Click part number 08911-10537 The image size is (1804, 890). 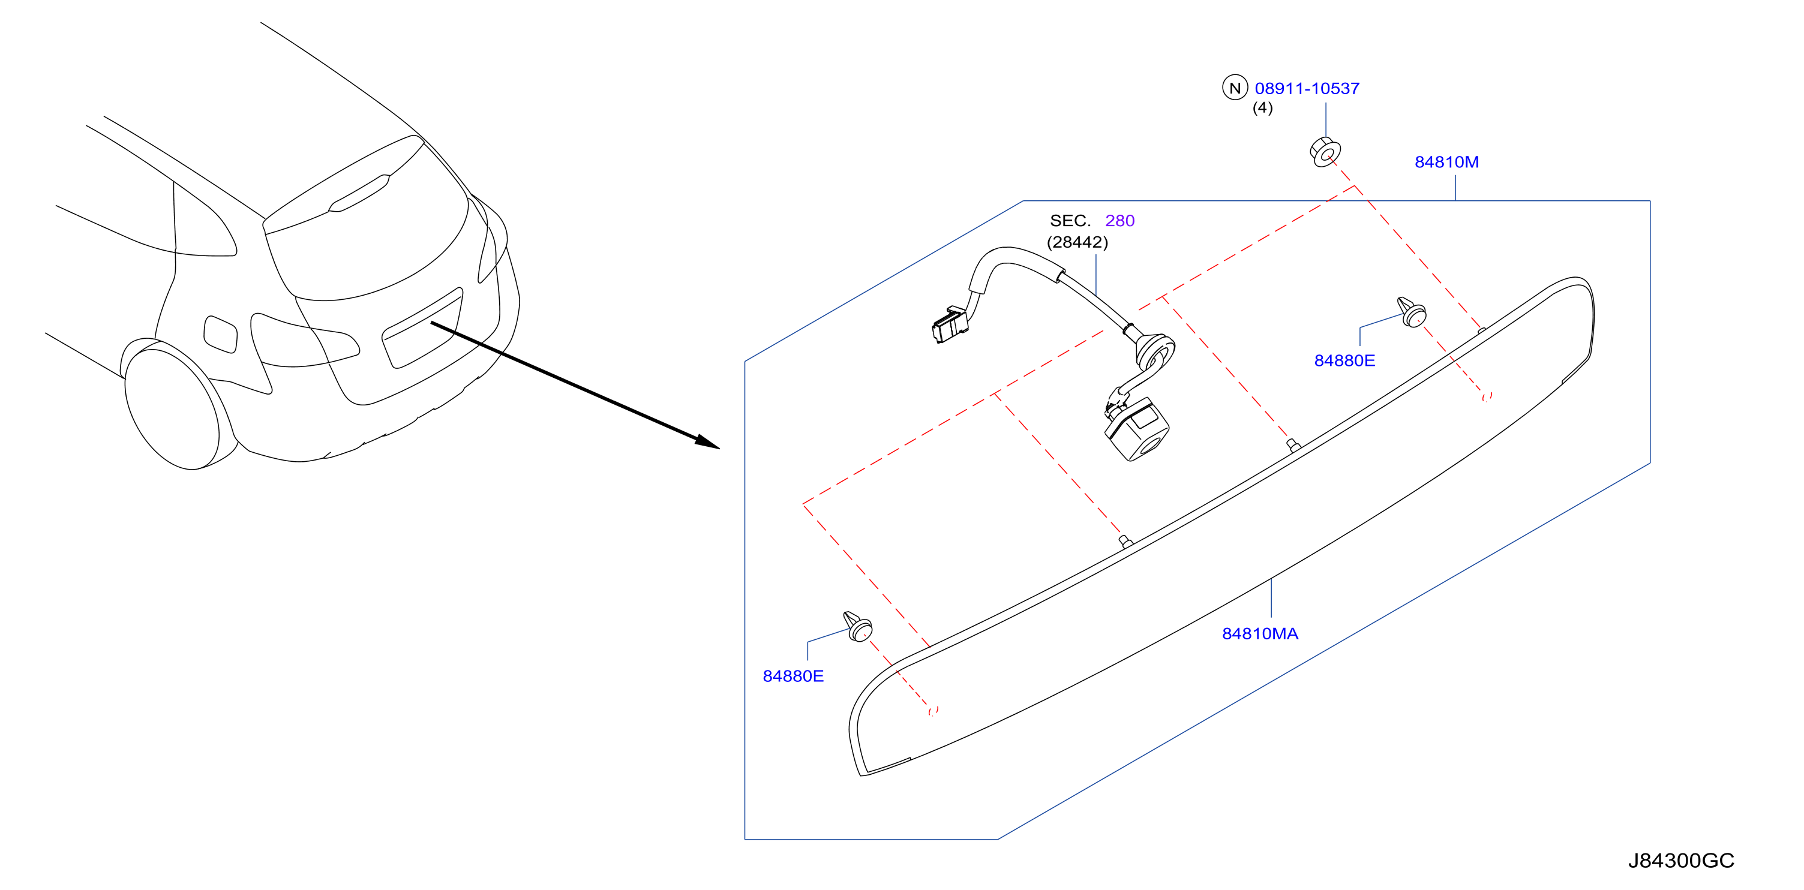[1307, 88]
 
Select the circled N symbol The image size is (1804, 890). [1235, 88]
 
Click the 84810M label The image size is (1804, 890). [1446, 162]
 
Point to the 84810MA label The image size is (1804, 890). [1260, 634]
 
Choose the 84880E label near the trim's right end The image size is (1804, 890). [1344, 360]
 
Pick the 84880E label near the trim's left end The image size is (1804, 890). [793, 676]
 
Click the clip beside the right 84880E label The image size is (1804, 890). [1412, 312]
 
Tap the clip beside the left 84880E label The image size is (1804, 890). [858, 627]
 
